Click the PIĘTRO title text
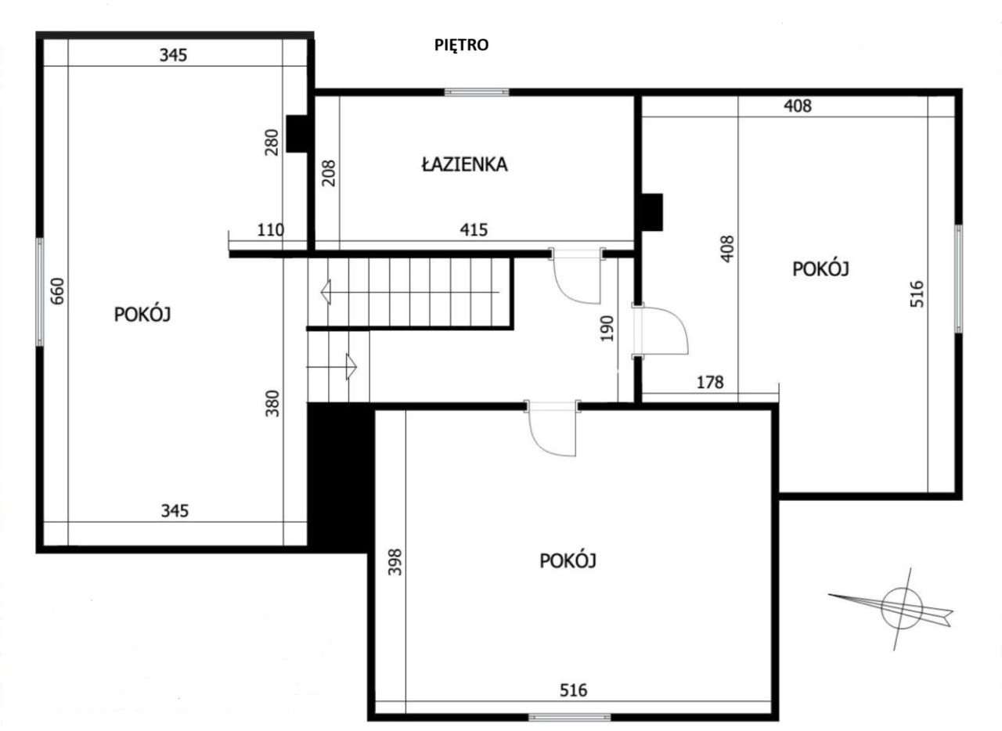coord(461,45)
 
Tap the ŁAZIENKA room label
coord(464,165)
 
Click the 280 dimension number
coord(272,143)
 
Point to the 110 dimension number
coord(270,230)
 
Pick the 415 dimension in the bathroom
coord(474,230)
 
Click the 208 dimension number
coord(329,173)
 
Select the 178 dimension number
coord(709,383)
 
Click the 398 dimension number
coord(395,562)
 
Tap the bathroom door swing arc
coord(578,280)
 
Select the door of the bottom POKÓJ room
coord(553,429)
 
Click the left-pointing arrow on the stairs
coord(328,292)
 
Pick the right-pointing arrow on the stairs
coord(350,365)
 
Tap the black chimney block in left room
coord(297,134)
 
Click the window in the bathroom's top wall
coord(477,92)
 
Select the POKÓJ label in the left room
coord(142,315)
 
